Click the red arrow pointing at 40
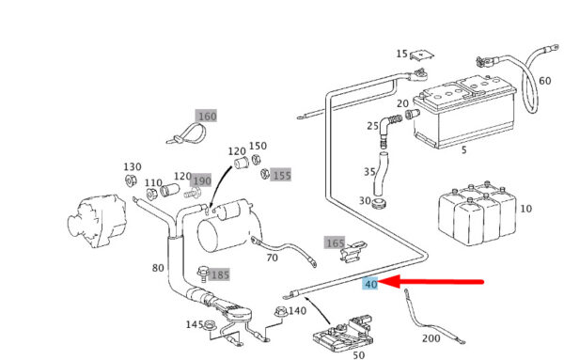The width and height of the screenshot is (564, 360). coord(431,282)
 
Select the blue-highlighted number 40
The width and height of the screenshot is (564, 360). coord(370,284)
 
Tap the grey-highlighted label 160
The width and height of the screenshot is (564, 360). coord(207,117)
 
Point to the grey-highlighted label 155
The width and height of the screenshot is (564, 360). coord(281,175)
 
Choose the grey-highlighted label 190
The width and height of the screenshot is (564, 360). coord(201,180)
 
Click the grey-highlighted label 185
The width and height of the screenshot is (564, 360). coord(219,275)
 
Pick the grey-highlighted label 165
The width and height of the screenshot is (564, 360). coord(335,243)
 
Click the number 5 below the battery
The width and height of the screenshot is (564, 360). coord(464,150)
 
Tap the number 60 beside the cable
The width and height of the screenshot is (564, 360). coord(544,81)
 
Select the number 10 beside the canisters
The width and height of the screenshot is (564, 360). coord(525,209)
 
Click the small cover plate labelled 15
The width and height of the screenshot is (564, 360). coord(421,55)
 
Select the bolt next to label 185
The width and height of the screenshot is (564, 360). coord(203,274)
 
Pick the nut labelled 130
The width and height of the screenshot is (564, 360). coord(131,180)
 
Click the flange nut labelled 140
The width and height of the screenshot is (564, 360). coord(281,311)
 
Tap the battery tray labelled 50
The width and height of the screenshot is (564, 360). coord(342,334)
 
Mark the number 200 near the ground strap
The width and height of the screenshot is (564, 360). coord(431,338)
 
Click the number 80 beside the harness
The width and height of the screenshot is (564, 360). coord(158,268)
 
